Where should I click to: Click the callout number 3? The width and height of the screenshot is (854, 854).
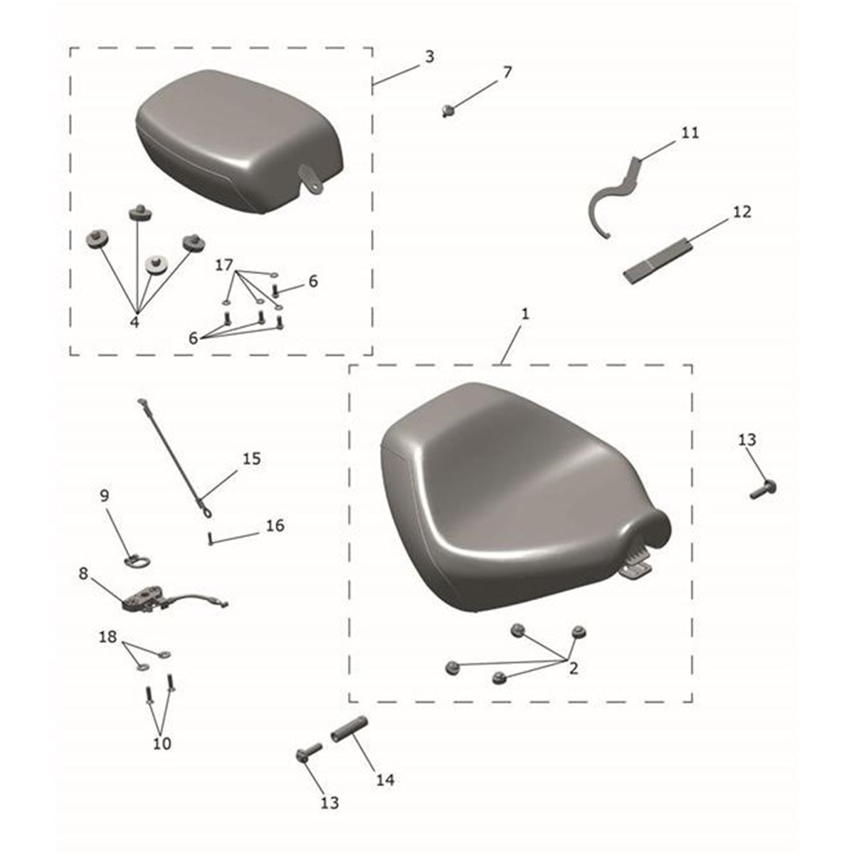tap(429, 57)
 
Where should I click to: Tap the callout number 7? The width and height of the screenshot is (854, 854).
tap(507, 73)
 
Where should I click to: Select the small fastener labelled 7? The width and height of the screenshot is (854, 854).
tap(448, 110)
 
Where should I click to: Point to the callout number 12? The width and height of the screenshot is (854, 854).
tap(742, 212)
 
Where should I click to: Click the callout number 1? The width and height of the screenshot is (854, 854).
tap(525, 315)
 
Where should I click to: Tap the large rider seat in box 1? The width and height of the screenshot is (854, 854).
tap(523, 496)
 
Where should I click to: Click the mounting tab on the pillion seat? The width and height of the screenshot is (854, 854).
tap(311, 179)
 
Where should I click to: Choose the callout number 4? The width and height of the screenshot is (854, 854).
tap(135, 322)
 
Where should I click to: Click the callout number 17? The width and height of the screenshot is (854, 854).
tap(223, 265)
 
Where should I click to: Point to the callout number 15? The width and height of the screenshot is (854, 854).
tap(251, 459)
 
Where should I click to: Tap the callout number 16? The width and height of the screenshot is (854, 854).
tap(275, 526)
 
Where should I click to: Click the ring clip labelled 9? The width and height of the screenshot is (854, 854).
tap(137, 560)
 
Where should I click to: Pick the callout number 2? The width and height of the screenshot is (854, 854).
tap(574, 669)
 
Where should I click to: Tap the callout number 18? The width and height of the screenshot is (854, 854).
tap(107, 637)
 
